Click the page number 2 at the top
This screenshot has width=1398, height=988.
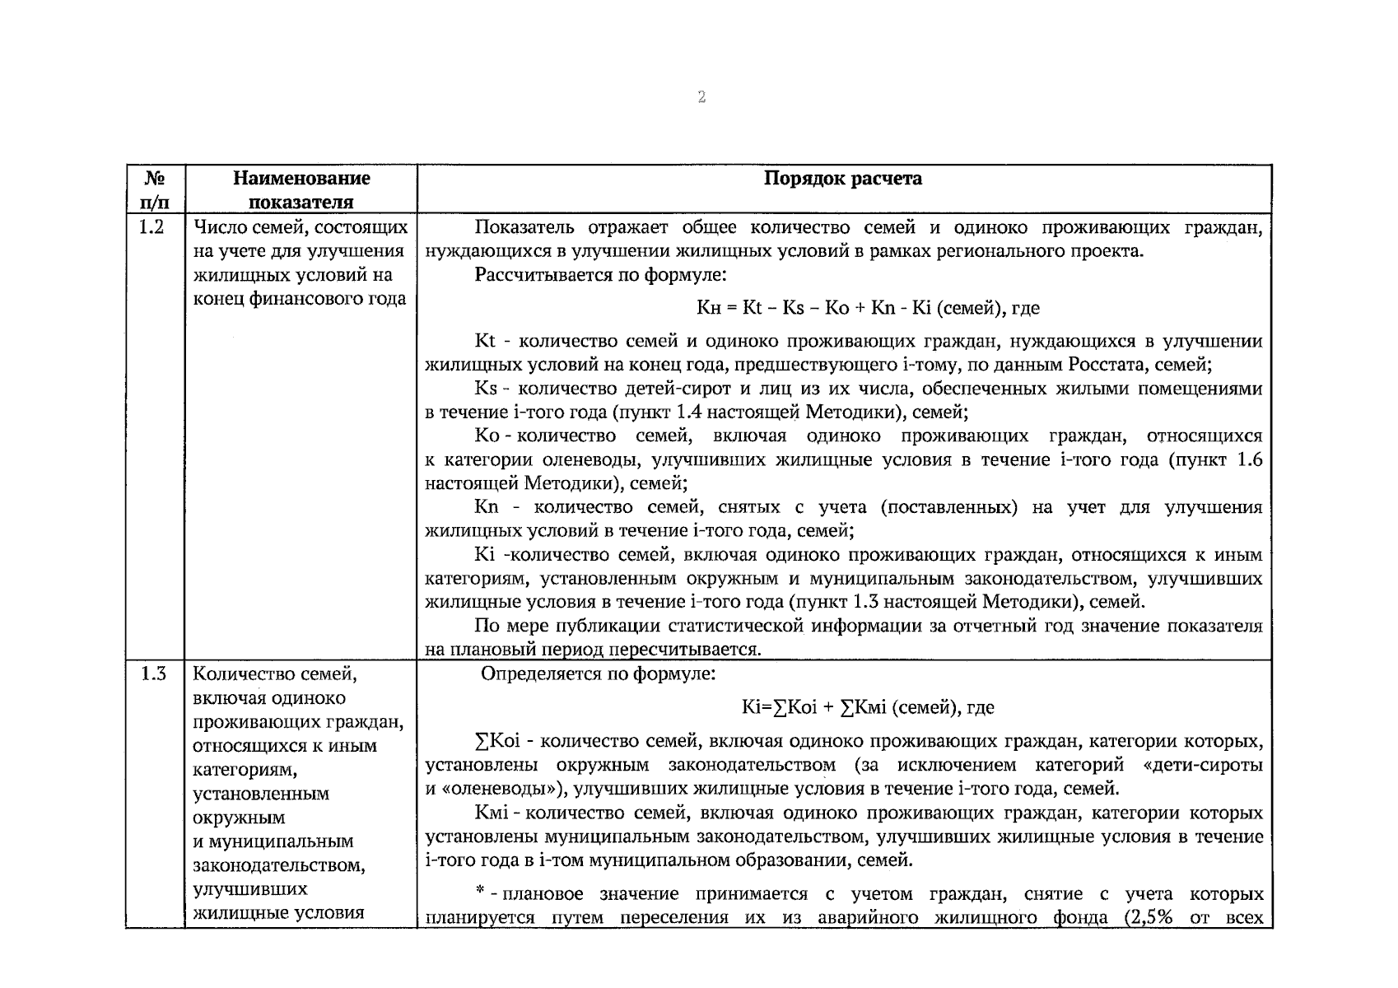[x=701, y=98]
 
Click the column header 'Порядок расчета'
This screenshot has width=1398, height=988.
[x=843, y=179]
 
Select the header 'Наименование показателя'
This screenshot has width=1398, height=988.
[x=301, y=189]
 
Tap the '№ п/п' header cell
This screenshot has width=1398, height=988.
[x=155, y=189]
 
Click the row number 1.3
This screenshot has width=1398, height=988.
[x=153, y=674]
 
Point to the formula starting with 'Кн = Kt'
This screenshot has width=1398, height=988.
[x=868, y=309]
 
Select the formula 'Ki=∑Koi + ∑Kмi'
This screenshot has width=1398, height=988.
[x=867, y=707]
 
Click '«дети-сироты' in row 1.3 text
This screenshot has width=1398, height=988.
[x=1203, y=765]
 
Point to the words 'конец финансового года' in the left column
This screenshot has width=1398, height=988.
[x=299, y=298]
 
